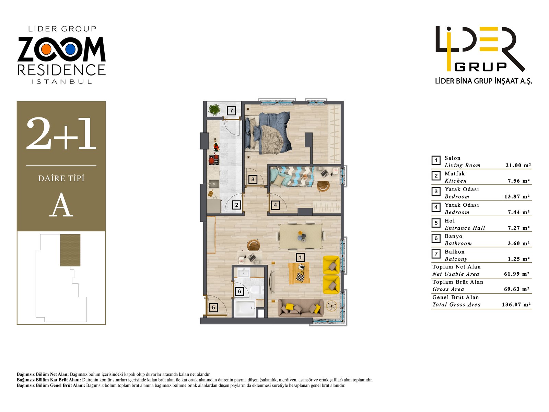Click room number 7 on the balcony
tap(232, 111)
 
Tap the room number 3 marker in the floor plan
tap(253, 179)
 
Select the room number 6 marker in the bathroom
tap(240, 291)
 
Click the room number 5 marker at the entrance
tap(213, 308)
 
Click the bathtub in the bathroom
tap(244, 308)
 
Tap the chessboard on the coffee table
tap(300, 276)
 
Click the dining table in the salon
tap(301, 236)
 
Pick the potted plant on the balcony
tap(215, 110)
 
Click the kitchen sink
tap(214, 183)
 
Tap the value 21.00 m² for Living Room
tap(518, 165)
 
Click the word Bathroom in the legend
tap(458, 243)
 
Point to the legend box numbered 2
tap(436, 176)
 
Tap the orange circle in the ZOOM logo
tap(46, 50)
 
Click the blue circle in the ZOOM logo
tap(70, 50)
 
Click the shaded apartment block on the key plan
tap(70, 250)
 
